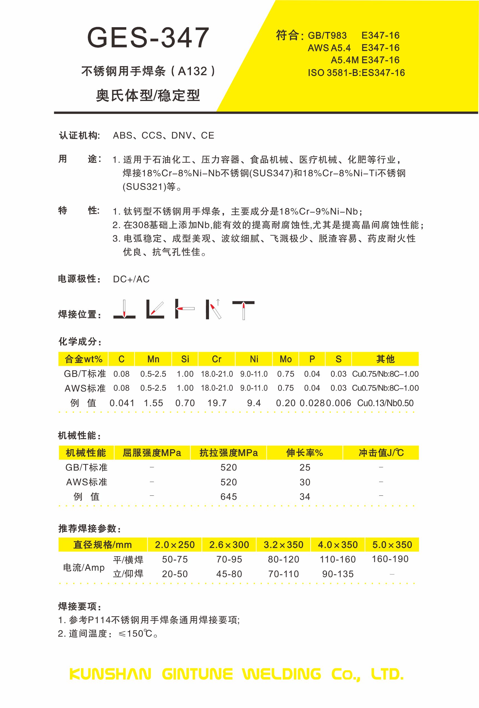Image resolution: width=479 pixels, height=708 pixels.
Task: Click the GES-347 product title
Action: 148,38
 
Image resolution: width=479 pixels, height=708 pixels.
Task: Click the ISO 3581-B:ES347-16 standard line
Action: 356,73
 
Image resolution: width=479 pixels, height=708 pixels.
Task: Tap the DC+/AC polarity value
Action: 131,279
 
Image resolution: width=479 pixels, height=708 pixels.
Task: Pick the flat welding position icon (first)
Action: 124,310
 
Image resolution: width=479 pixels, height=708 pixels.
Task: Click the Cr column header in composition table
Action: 217,359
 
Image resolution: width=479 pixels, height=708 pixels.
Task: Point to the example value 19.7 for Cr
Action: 217,403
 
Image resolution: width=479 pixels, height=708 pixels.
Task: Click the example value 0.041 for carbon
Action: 122,403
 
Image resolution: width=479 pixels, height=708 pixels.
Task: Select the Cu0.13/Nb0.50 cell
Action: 385,403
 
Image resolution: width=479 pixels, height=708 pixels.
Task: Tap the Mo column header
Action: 286,359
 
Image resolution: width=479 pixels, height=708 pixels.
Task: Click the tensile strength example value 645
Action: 228,497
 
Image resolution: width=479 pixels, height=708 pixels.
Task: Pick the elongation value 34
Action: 305,497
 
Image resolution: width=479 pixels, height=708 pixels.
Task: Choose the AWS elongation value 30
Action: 305,482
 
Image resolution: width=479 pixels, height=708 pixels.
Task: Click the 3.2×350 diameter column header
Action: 283,544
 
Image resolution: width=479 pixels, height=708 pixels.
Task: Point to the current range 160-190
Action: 390,559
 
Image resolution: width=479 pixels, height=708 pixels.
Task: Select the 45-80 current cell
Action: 229,574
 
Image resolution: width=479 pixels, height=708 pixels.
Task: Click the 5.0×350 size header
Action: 392,544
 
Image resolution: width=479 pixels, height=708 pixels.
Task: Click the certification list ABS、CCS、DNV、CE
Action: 164,135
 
